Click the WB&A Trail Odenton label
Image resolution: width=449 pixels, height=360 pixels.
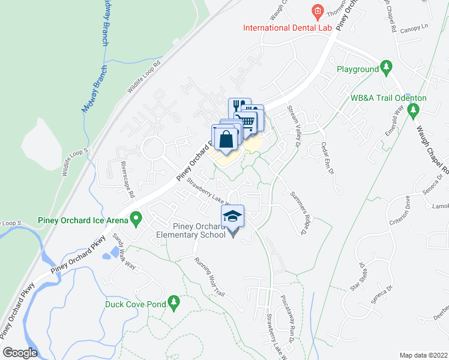388,98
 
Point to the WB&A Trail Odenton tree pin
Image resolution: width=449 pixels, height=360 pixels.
412,110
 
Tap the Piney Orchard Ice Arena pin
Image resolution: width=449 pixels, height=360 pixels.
136,218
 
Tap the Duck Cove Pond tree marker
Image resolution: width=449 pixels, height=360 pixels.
174,301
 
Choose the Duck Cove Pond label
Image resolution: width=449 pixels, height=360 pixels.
135,304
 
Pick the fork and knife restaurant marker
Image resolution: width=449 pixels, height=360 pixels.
238,106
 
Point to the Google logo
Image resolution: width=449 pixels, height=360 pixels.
20,352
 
